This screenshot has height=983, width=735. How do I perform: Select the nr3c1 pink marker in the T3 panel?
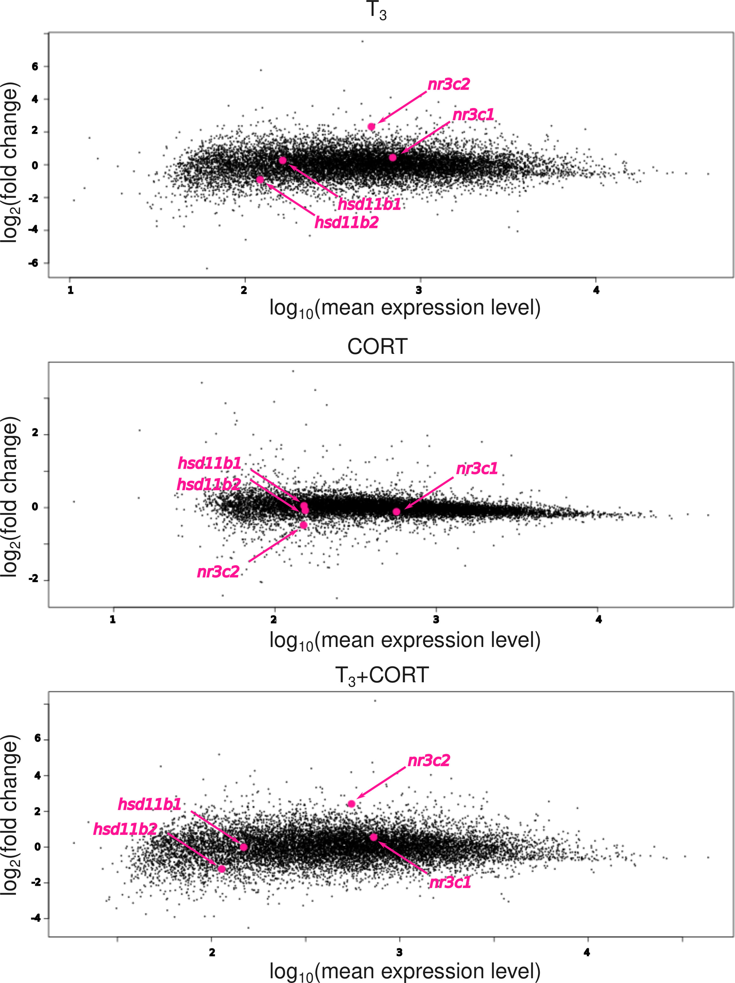coord(392,158)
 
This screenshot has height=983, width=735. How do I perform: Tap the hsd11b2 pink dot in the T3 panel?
coord(260,180)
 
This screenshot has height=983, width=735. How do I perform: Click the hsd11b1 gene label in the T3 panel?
coord(369,204)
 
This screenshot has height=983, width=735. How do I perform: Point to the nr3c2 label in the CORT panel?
coord(218,572)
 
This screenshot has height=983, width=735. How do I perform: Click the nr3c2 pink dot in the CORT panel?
coord(303,525)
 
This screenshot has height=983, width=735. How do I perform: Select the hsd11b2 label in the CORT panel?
coord(209,484)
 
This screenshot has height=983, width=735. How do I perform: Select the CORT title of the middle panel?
coord(377,347)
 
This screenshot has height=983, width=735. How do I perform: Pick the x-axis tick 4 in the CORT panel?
coord(599,620)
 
